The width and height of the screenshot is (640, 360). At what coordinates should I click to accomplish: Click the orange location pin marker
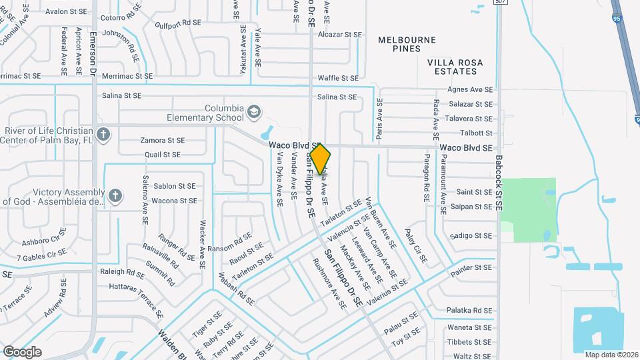pos(320,159)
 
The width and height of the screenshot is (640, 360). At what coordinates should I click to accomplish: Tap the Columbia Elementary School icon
pos(253,111)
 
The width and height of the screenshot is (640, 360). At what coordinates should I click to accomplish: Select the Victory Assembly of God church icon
pos(115,195)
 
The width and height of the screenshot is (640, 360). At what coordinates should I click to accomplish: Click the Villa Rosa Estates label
pos(455,67)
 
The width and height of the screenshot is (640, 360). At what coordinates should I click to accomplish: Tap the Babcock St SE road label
pos(499,184)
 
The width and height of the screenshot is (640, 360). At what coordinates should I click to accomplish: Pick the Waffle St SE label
pos(338,78)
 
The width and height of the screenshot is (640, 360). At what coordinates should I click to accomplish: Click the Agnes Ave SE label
pos(470,89)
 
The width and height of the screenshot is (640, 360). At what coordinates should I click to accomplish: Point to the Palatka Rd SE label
pos(468,310)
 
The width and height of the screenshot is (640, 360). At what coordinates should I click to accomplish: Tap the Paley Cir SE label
pos(419,243)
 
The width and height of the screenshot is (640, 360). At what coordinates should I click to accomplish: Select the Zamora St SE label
pos(162,141)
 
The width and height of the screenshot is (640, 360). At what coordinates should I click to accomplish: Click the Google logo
pos(22,352)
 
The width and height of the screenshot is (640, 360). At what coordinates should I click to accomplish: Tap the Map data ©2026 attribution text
pos(611,355)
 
